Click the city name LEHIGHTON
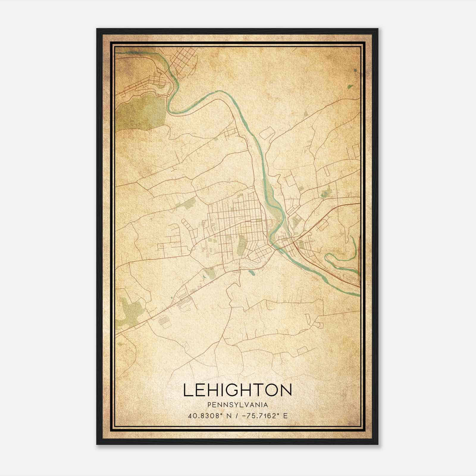(237, 390)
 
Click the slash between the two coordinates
(237, 416)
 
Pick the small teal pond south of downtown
(251, 272)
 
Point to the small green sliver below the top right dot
(350, 87)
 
